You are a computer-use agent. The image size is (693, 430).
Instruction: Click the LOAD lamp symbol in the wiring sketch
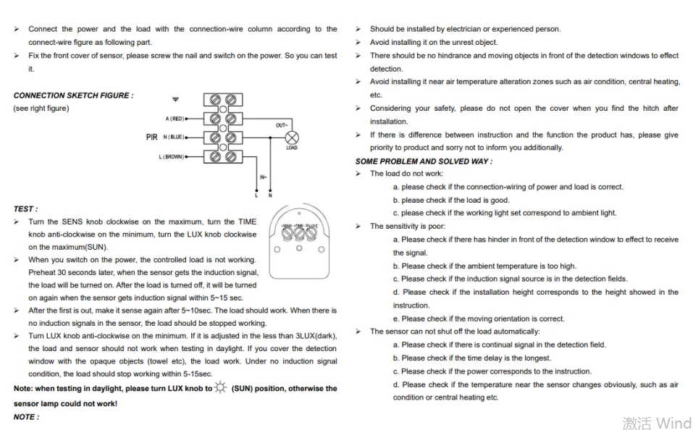(x=291, y=138)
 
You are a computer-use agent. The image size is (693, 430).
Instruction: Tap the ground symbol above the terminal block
(x=175, y=98)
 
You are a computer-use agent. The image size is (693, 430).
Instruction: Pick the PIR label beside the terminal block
(x=151, y=137)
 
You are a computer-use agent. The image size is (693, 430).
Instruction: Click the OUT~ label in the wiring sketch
(x=282, y=125)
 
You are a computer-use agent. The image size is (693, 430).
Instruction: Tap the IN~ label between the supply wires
(x=263, y=177)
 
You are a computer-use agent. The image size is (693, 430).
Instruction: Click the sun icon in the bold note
(x=220, y=388)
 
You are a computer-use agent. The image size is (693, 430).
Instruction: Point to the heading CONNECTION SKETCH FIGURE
(x=73, y=96)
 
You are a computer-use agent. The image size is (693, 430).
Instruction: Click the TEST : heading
(x=25, y=209)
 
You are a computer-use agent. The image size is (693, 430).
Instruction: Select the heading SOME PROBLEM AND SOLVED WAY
(x=423, y=161)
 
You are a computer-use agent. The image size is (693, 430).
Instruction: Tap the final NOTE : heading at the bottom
(x=26, y=417)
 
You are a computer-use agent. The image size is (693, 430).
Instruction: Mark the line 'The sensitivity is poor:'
(x=407, y=227)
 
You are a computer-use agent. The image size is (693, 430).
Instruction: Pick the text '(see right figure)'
(x=41, y=109)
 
